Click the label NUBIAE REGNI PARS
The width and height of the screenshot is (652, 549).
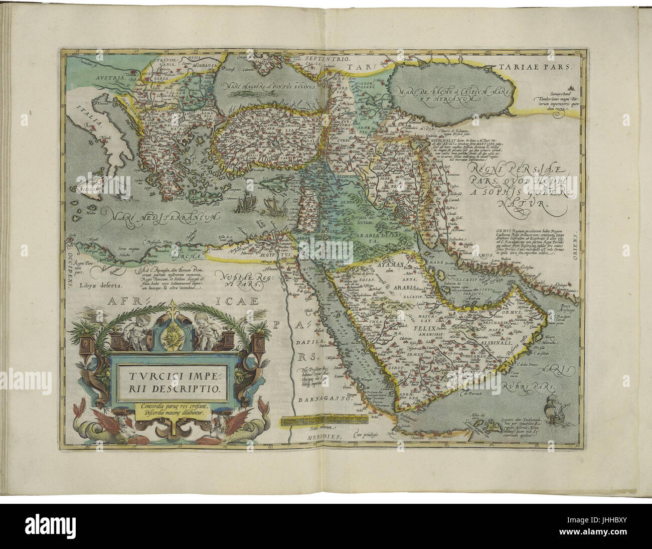tap(240, 279)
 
